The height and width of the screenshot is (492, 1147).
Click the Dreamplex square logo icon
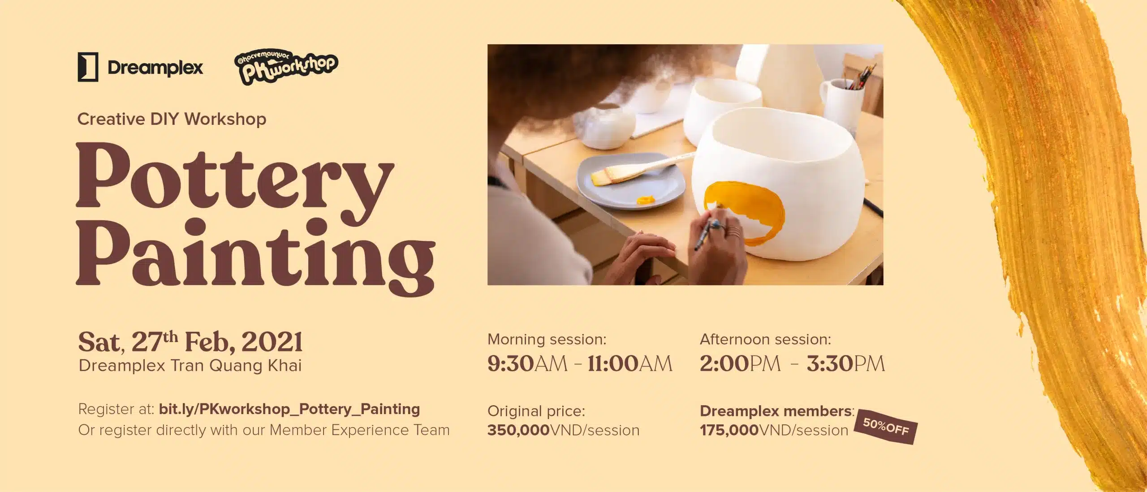click(88, 67)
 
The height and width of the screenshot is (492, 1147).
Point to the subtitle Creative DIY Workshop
click(172, 119)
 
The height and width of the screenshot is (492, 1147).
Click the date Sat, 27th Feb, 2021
click(191, 342)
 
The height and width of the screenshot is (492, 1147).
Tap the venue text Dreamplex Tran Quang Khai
click(190, 366)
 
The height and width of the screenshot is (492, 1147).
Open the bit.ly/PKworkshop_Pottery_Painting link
click(289, 409)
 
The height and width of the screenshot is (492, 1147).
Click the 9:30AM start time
click(527, 364)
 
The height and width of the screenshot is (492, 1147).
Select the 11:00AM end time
click(630, 364)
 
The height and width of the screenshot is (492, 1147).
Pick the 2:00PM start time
click(740, 364)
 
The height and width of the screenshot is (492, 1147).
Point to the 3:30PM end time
click(846, 364)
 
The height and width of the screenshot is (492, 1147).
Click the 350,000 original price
click(518, 430)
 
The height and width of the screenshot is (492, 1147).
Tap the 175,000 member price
click(729, 430)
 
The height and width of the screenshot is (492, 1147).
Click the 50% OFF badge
click(886, 427)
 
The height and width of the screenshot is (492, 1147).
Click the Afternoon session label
click(765, 339)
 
